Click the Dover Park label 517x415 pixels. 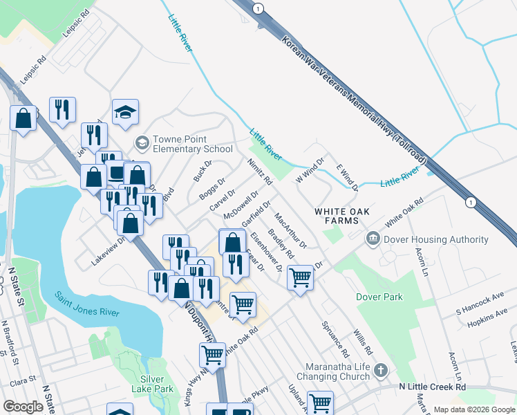click(379, 296)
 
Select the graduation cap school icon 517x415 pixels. click(125, 112)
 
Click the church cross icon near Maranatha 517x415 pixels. click(379, 371)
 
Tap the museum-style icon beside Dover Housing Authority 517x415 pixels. click(373, 239)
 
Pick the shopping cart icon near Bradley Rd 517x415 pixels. click(300, 277)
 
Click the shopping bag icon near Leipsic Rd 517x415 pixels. click(23, 118)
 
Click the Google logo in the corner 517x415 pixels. click(23, 407)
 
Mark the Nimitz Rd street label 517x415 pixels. click(261, 172)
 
